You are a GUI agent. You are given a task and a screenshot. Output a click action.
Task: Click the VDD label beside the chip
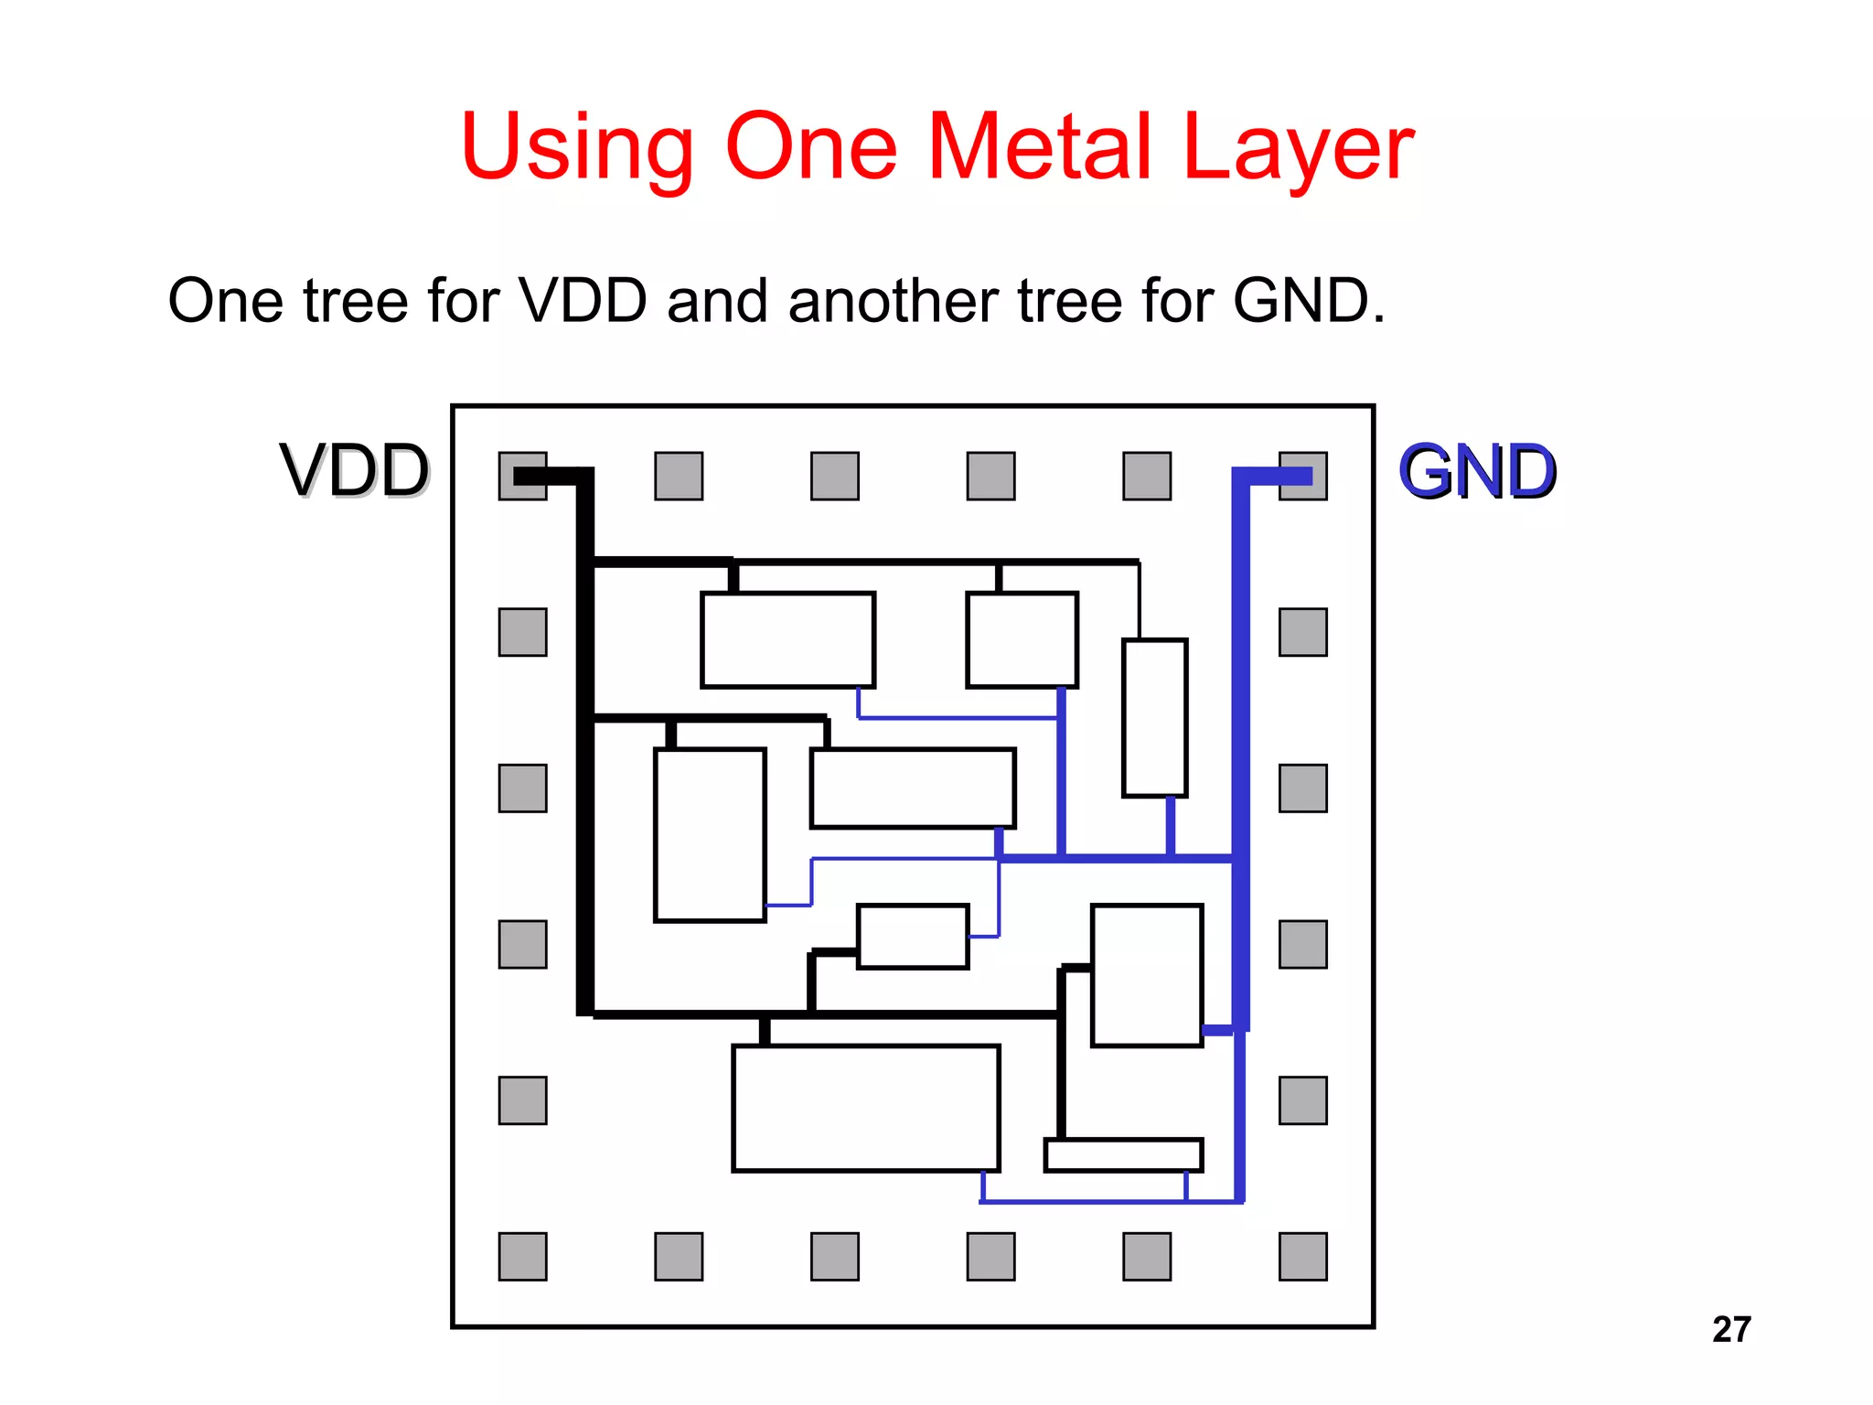point(355,471)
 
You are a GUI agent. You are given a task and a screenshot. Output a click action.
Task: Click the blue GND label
point(1477,471)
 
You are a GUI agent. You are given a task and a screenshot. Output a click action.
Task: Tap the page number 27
point(1731,1329)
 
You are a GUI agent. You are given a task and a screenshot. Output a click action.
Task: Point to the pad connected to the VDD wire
point(522,476)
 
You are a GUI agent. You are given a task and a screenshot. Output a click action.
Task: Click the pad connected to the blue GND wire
point(1303,476)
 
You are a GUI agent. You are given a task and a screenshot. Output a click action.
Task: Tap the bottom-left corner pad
point(522,1256)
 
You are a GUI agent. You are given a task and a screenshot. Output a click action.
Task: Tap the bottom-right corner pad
point(1303,1256)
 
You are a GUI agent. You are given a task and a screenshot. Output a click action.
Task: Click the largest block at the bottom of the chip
point(865,1108)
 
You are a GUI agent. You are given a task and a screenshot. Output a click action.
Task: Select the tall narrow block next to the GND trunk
point(1155,718)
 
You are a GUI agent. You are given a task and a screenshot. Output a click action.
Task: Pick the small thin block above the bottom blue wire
point(1123,1154)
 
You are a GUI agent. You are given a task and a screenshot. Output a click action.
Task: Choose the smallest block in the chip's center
point(913,936)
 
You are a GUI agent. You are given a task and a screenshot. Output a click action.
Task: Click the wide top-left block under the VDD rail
point(787,639)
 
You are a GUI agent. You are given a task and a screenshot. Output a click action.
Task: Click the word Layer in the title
point(1299,146)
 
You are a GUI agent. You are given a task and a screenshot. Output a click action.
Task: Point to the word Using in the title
point(577,146)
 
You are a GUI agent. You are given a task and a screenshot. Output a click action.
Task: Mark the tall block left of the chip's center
point(710,834)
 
